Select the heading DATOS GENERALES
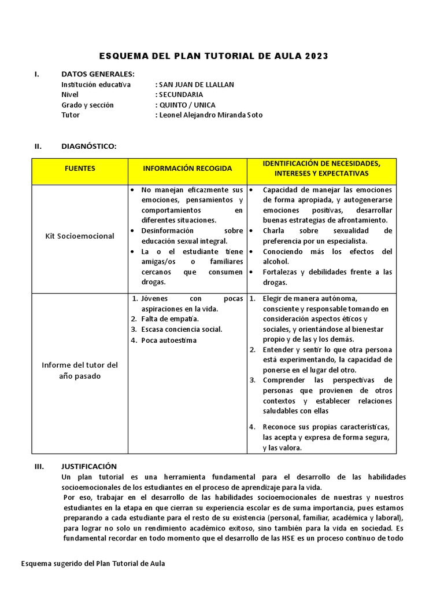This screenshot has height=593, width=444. click(98, 74)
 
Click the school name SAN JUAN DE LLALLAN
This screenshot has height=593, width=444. click(195, 85)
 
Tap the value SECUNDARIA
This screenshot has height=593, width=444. click(180, 94)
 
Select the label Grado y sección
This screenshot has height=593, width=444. click(87, 105)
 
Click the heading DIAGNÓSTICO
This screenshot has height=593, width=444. click(89, 146)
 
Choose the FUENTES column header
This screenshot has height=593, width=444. click(80, 169)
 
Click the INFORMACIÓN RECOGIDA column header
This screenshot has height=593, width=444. click(187, 169)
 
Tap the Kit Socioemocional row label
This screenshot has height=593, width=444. click(80, 236)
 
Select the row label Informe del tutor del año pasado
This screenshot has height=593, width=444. click(80, 371)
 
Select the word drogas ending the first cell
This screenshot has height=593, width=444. click(153, 282)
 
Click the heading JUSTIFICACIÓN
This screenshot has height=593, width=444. click(89, 466)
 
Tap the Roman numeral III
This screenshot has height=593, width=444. click(38, 466)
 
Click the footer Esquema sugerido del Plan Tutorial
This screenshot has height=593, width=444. click(92, 563)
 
